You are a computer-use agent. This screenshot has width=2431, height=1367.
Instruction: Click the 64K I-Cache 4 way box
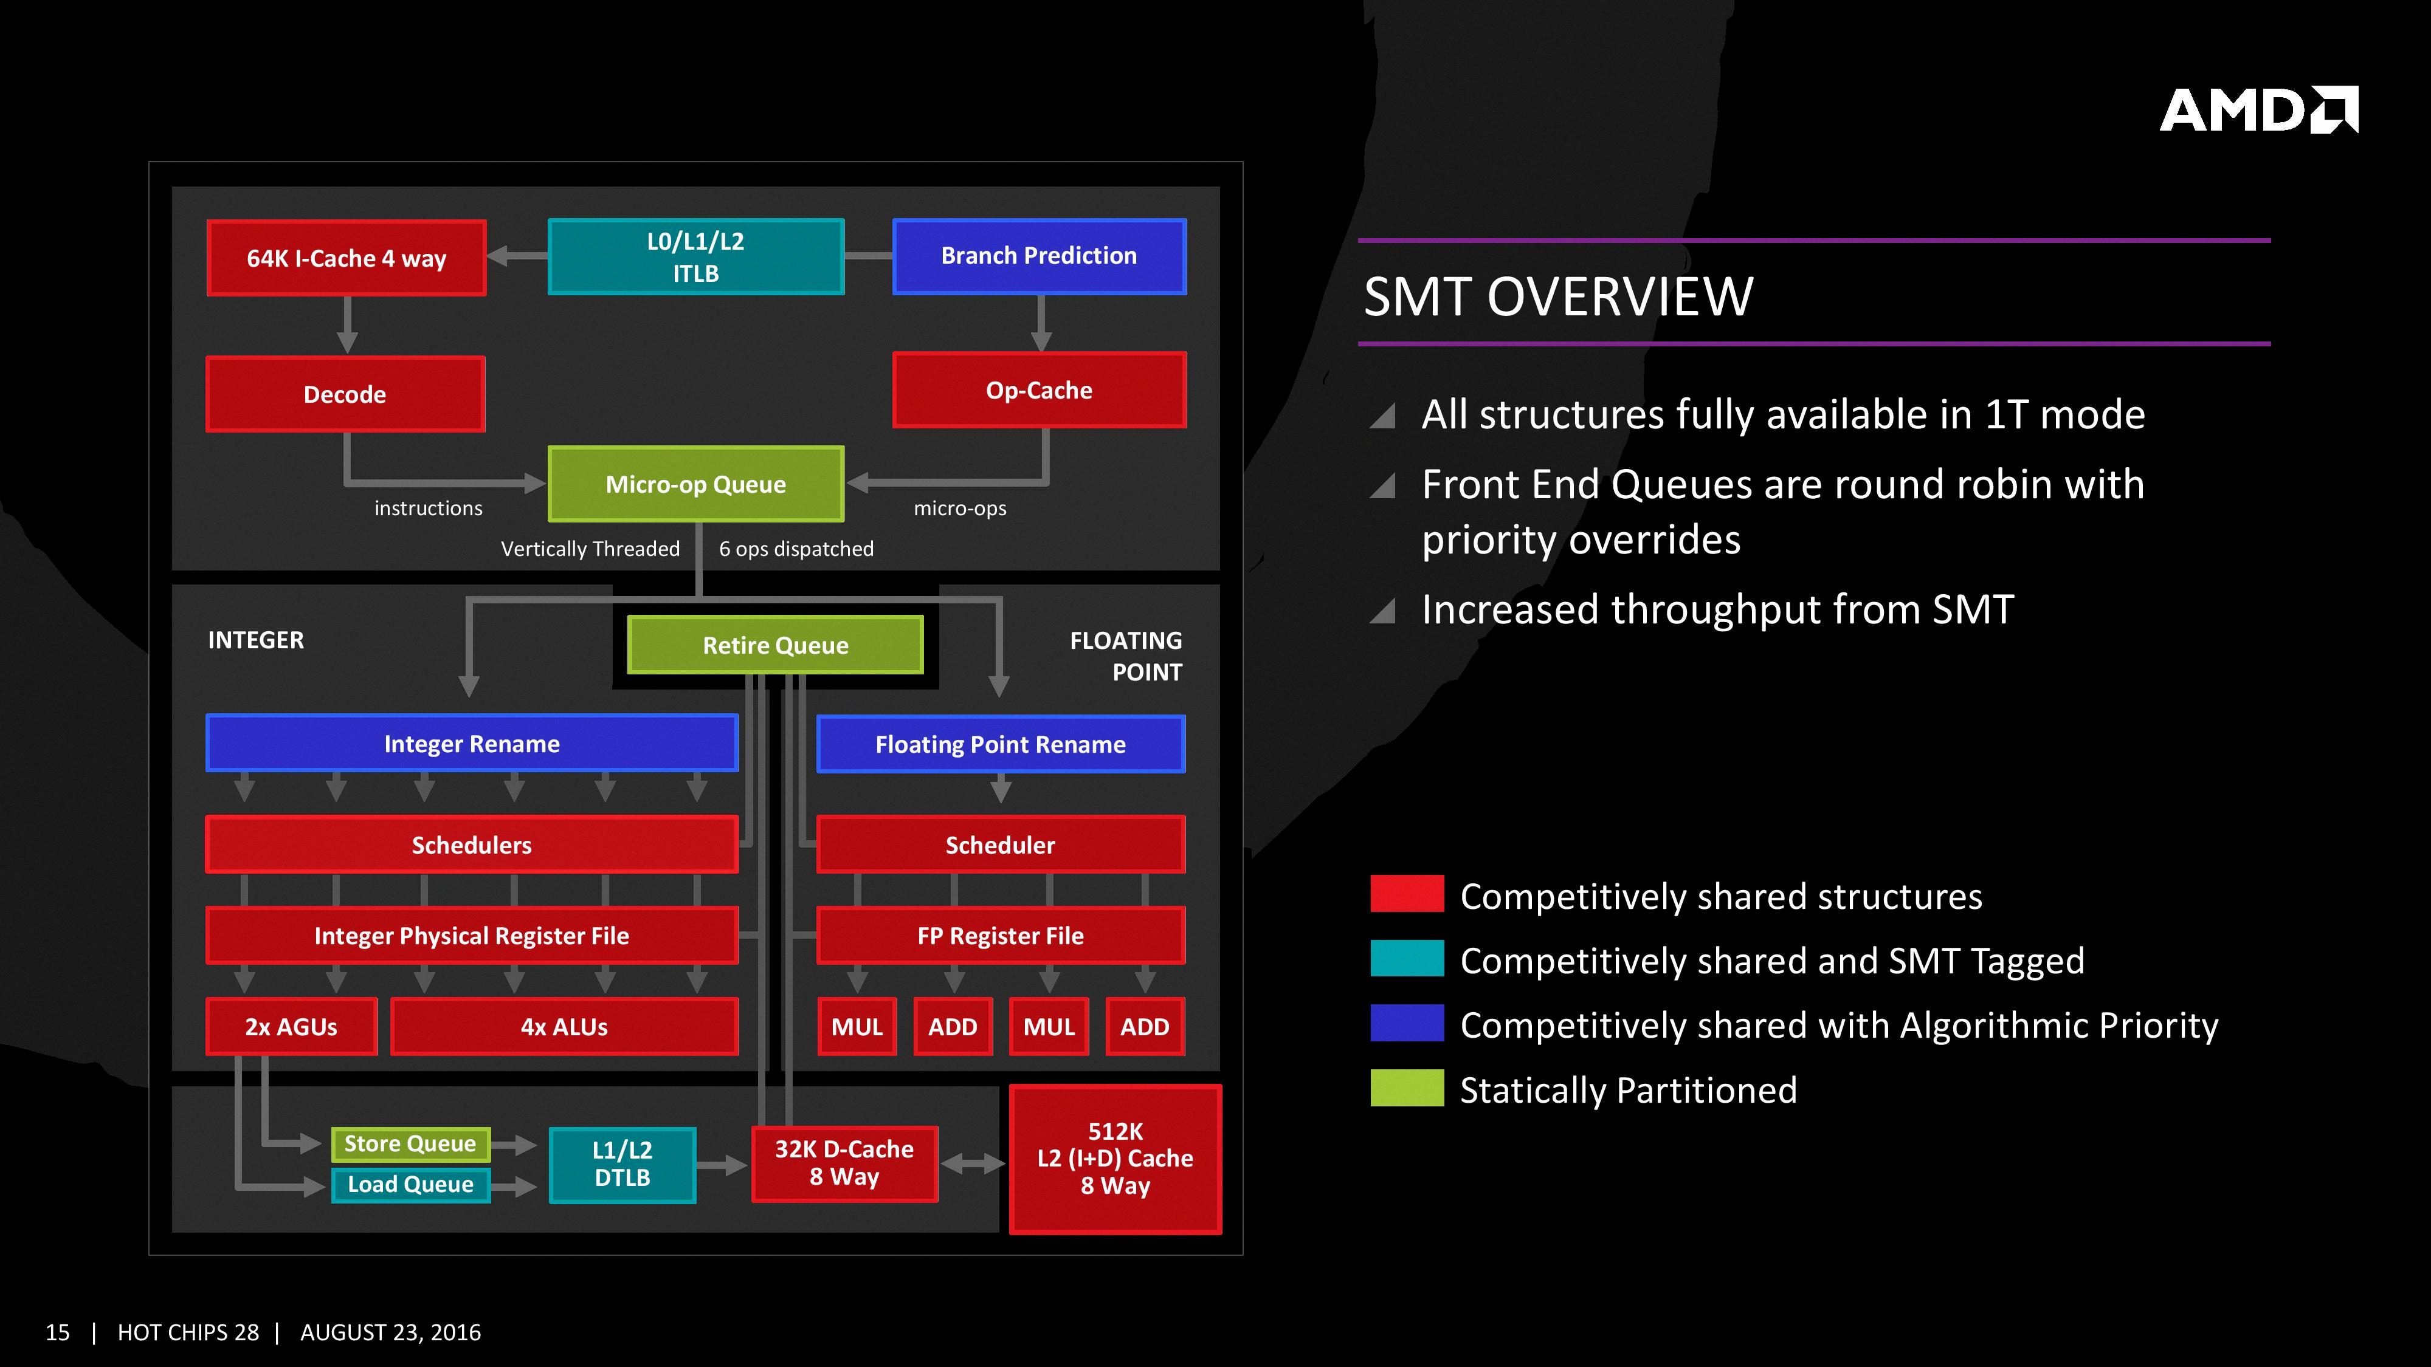click(347, 258)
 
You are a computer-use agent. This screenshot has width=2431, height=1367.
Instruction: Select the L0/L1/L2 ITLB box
click(695, 256)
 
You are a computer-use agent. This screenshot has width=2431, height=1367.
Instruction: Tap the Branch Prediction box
click(1039, 256)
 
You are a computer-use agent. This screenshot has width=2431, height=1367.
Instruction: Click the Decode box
click(345, 394)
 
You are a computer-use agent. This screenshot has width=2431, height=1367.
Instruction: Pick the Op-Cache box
click(1039, 389)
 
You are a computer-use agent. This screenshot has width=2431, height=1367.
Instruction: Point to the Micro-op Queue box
click(695, 484)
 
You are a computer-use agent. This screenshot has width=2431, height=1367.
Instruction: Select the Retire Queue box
click(775, 645)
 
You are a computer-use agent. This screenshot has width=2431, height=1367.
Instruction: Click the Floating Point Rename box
click(1001, 744)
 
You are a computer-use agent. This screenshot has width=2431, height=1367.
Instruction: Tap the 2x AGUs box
click(291, 1026)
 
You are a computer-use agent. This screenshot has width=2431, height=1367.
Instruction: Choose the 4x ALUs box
click(564, 1026)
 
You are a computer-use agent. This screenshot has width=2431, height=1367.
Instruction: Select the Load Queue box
click(410, 1184)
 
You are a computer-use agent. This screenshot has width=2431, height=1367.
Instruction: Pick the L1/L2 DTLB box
click(622, 1164)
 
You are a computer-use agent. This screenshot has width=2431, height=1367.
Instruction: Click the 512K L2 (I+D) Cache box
click(1116, 1159)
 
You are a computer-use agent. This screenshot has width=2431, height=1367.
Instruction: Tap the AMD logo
click(2258, 111)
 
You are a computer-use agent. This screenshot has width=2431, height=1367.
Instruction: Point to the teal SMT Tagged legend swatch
click(1406, 959)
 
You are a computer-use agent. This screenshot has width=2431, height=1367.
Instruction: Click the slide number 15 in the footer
click(58, 1332)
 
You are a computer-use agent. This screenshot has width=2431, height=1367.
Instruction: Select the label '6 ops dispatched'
click(796, 549)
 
